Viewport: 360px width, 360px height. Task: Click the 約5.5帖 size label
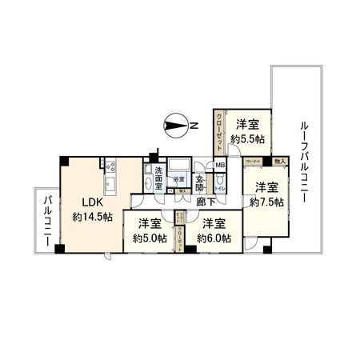point(246,138)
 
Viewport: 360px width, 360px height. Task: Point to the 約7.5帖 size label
point(266,202)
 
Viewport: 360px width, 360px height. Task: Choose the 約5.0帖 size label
point(150,238)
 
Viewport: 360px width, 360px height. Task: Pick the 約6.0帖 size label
point(215,238)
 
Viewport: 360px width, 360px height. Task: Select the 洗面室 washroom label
point(159,178)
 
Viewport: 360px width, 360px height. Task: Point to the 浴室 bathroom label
point(181,178)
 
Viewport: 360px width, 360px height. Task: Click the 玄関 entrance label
point(201,178)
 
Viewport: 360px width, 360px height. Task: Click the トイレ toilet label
point(219,188)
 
